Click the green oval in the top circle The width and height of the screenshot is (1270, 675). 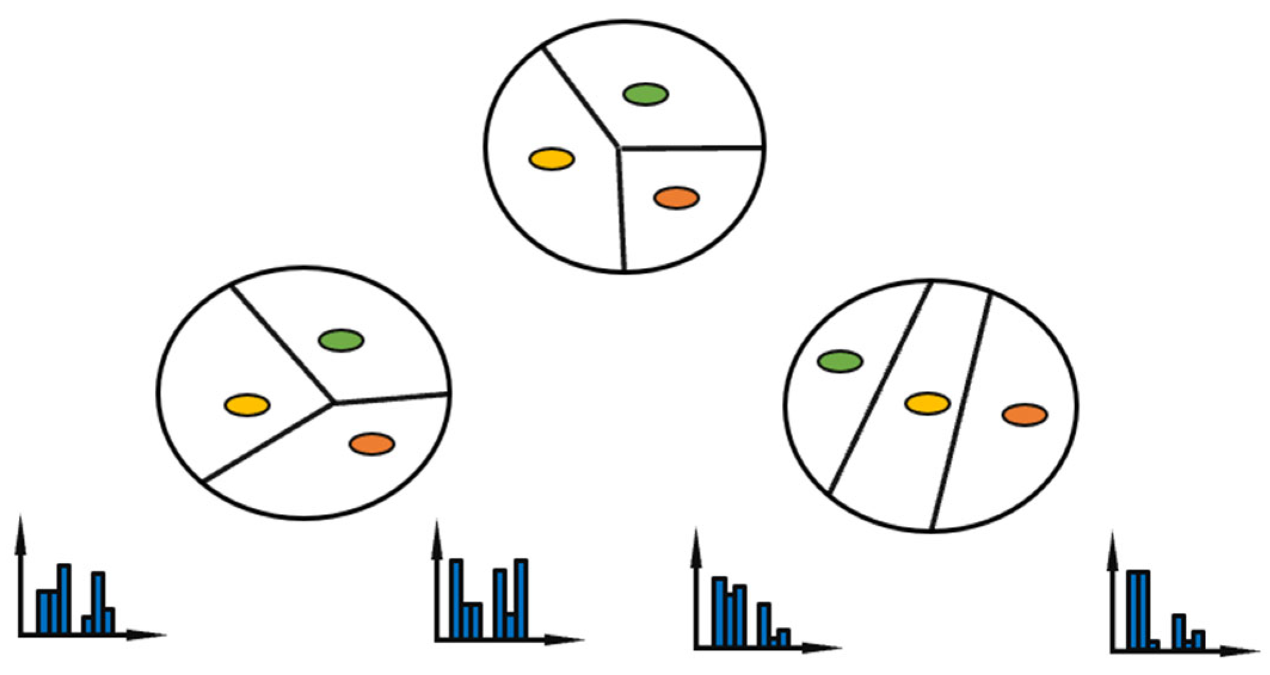coord(645,94)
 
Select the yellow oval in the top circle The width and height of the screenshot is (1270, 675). coord(551,159)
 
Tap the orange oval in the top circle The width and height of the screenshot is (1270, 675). coord(676,198)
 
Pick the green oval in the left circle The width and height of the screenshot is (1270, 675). coord(341,340)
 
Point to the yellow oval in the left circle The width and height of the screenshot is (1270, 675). coord(247,405)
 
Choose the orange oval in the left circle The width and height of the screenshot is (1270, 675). coord(372,444)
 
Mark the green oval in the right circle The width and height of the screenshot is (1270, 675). coord(840,361)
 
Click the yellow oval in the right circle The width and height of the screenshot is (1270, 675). coord(927,403)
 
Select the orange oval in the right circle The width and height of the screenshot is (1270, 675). coord(1025,415)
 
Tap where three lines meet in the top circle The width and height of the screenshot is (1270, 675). coord(619,147)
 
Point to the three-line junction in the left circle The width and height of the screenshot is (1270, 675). coord(333,403)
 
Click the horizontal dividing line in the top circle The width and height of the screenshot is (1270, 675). coord(692,147)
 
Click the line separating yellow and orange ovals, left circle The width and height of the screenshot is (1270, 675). coord(269,442)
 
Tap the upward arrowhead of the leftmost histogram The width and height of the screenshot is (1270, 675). coord(21,531)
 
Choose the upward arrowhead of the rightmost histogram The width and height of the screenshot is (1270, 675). coord(1112,546)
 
